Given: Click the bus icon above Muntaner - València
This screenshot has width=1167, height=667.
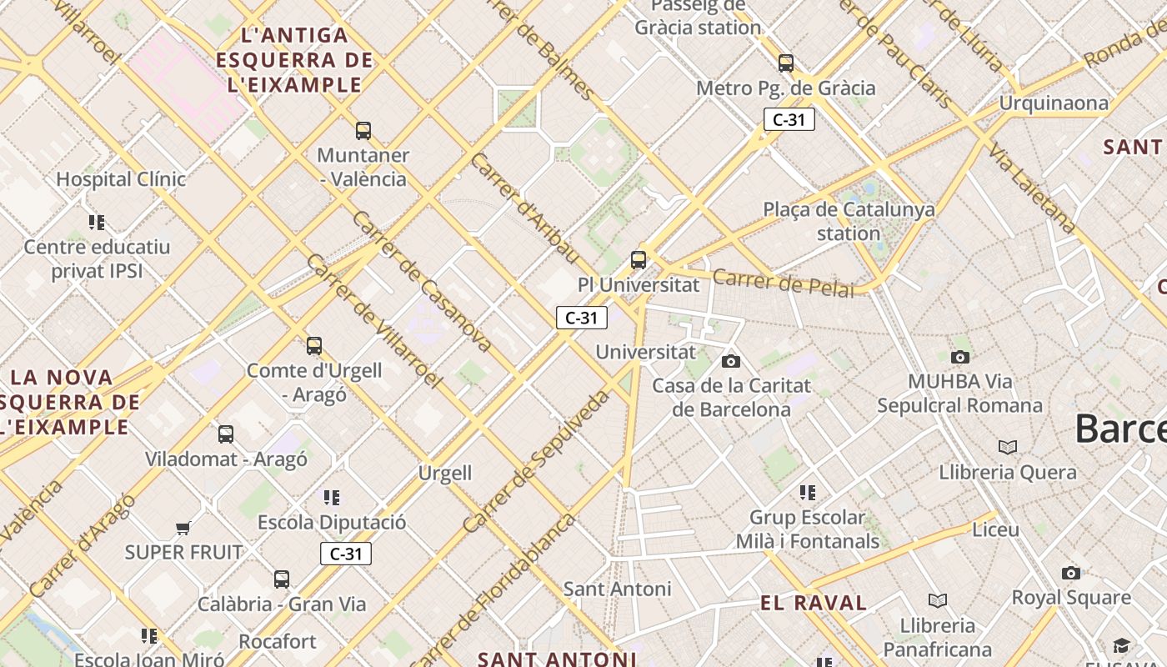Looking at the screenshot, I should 363,130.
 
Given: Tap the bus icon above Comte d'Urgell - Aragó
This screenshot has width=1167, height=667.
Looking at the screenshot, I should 314,345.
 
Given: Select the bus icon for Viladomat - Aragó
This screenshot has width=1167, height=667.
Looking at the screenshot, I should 226,434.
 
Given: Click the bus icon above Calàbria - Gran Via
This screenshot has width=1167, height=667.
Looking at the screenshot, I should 282,579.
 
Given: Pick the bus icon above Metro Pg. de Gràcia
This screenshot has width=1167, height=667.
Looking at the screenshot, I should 786,63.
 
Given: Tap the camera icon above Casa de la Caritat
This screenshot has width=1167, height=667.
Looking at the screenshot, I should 731,361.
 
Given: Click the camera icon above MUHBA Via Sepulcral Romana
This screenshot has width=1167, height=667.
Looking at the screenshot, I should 960,357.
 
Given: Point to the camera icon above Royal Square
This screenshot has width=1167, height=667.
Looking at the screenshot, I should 1071,573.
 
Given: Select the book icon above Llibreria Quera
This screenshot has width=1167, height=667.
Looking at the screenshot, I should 1008,448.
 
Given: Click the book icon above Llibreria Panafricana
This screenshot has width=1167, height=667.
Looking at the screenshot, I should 938,600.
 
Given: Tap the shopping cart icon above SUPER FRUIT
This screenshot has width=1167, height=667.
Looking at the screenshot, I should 183,528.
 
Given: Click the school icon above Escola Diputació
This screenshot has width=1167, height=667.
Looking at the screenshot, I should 332,498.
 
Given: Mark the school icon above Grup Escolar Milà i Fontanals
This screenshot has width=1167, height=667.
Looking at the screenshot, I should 807,492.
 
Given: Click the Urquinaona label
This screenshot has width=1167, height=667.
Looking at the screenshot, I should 1054,103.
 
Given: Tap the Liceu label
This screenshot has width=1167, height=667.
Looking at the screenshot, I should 995,529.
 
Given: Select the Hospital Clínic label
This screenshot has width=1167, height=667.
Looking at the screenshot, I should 121,178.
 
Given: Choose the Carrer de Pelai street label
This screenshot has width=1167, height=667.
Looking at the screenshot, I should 784,283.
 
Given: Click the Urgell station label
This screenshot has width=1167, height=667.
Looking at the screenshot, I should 445,474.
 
